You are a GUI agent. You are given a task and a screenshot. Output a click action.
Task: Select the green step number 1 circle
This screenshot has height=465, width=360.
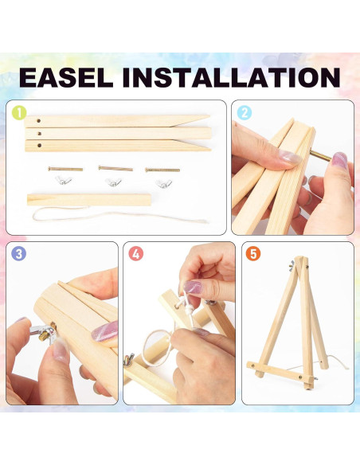[18, 113]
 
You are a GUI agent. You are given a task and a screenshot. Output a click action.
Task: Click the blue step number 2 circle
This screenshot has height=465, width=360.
[245, 113]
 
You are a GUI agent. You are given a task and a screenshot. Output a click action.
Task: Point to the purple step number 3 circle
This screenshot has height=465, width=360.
[18, 254]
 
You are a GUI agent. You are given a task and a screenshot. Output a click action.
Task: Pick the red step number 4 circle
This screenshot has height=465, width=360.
[137, 254]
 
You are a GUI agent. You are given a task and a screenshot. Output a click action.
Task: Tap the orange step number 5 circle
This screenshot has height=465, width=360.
[253, 254]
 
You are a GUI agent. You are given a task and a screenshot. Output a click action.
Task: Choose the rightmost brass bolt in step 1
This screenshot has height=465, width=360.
[162, 168]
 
